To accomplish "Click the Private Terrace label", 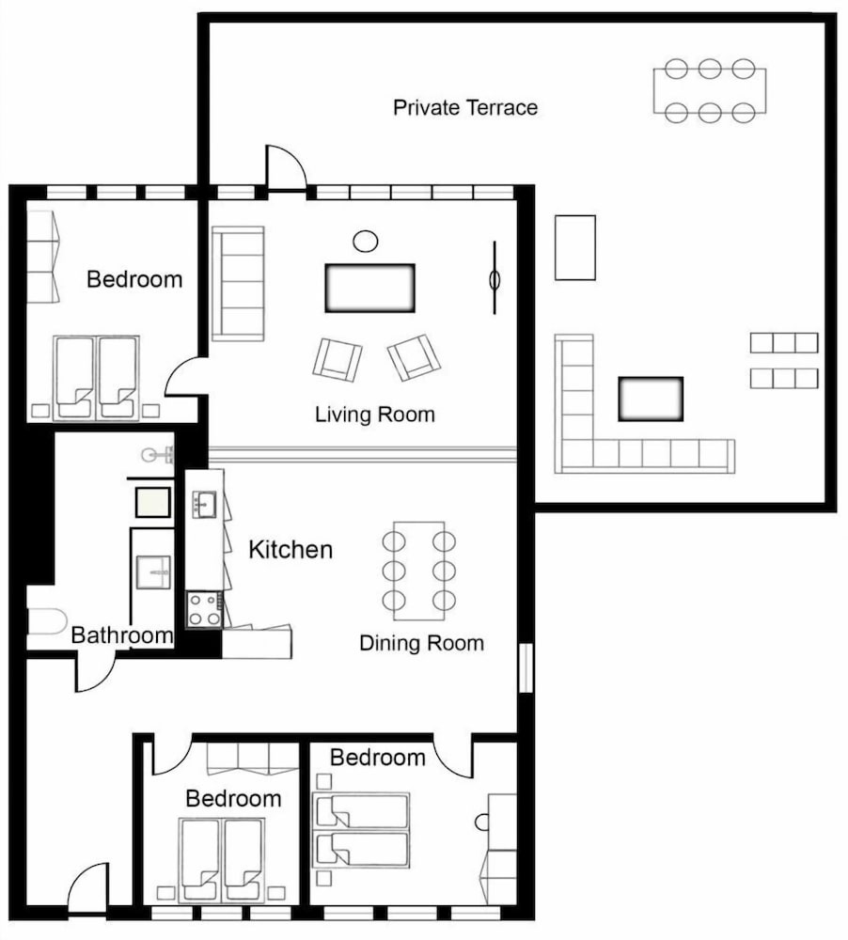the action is [465, 107].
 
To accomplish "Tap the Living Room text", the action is [375, 415].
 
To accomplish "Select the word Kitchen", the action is [291, 550].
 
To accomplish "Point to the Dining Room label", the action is [421, 643].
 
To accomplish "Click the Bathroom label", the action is [121, 634].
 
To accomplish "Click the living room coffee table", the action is [370, 288].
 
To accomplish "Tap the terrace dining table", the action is [710, 91].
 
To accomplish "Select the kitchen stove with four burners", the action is [204, 609].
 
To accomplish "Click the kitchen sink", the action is [204, 504].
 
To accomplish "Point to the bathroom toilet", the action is [47, 621].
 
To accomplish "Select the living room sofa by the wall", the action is [238, 284].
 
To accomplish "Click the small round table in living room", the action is [366, 242].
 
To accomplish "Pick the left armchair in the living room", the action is [338, 360].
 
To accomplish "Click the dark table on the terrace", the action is [651, 399].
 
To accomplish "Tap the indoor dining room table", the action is [418, 571].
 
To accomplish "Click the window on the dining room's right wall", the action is [526, 667].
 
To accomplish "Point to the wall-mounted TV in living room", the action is [495, 278].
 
